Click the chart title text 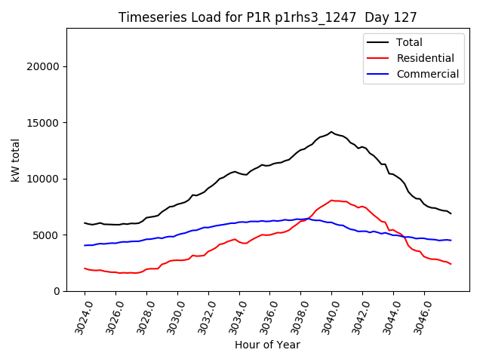269,17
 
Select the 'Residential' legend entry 425,58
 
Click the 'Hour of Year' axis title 267,345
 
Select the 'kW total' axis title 16,160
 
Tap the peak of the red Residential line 331,201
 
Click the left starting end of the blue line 85,245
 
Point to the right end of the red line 451,264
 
